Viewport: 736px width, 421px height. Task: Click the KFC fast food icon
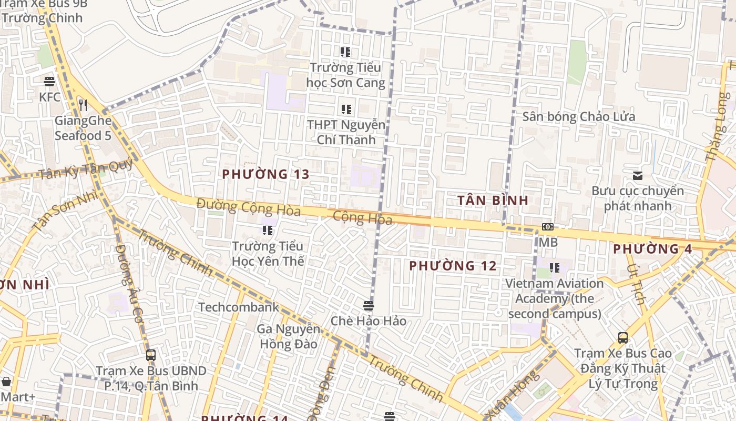(49, 82)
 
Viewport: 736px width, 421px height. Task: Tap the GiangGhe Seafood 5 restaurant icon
(83, 105)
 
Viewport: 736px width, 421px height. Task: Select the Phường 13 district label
(265, 174)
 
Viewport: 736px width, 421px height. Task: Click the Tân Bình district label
(493, 201)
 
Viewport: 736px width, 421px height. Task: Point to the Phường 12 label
(453, 266)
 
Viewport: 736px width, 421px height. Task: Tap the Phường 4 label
(652, 249)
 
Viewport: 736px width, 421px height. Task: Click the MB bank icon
(547, 227)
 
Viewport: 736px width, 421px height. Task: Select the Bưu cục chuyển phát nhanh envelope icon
(638, 175)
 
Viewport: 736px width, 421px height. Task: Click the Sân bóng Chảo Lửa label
(578, 117)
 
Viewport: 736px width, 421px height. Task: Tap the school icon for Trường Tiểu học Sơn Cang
(345, 52)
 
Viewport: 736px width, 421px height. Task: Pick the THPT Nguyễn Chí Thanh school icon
(346, 109)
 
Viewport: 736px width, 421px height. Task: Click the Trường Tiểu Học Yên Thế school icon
(268, 230)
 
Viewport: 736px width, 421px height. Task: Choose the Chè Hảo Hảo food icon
(368, 305)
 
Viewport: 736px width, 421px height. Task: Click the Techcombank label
(239, 307)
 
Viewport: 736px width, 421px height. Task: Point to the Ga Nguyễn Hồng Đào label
(288, 337)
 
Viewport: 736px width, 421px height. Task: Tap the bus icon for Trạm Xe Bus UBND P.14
(151, 355)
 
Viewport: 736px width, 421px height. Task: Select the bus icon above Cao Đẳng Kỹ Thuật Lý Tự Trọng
(622, 337)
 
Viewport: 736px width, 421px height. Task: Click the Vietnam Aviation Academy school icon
(554, 268)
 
